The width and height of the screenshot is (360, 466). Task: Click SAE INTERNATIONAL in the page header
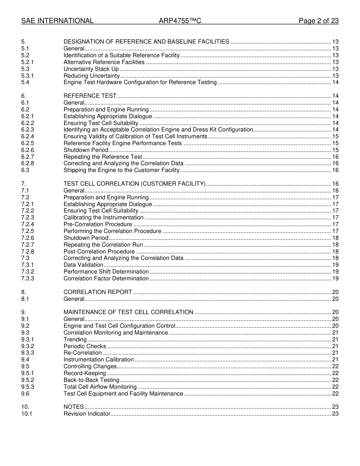pyautogui.click(x=57, y=21)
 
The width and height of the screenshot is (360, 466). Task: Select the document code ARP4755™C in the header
pyautogui.click(x=180, y=21)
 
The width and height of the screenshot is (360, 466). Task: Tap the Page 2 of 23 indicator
pyautogui.click(x=318, y=21)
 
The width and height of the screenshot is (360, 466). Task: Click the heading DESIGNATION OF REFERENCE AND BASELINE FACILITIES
pyautogui.click(x=146, y=42)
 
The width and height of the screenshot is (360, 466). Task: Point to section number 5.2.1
pyautogui.click(x=28, y=62)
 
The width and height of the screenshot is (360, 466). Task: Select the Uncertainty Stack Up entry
pyautogui.click(x=91, y=69)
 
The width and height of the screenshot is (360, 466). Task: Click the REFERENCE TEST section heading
pyautogui.click(x=90, y=96)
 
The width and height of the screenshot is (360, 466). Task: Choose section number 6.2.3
pyautogui.click(x=28, y=130)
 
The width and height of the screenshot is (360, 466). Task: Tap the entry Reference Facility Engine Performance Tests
pyautogui.click(x=122, y=143)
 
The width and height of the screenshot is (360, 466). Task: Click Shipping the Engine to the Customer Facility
pyautogui.click(x=121, y=170)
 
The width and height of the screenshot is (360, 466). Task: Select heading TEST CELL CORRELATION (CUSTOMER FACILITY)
pyautogui.click(x=135, y=184)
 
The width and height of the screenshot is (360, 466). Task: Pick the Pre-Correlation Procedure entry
pyautogui.click(x=98, y=224)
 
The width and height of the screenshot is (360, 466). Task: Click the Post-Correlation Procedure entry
pyautogui.click(x=99, y=252)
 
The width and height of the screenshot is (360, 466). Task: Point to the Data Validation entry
pyautogui.click(x=83, y=265)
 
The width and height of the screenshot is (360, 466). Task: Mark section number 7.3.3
pyautogui.click(x=28, y=278)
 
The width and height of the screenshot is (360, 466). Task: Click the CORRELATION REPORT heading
pyautogui.click(x=98, y=292)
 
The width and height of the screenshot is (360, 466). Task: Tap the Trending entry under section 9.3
pyautogui.click(x=75, y=339)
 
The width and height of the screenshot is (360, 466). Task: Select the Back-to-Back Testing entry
pyautogui.click(x=91, y=380)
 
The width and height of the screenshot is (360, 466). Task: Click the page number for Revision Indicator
pyautogui.click(x=335, y=414)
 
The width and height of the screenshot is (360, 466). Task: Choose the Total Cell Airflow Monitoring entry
pyautogui.click(x=100, y=387)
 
